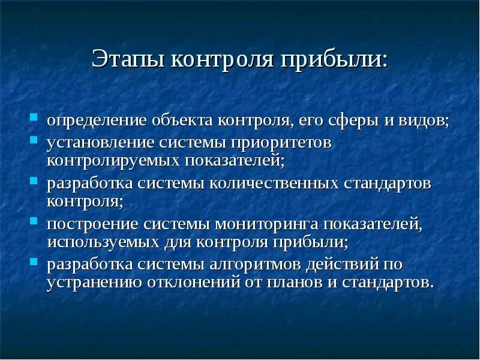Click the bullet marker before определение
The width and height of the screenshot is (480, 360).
coord(34,116)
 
